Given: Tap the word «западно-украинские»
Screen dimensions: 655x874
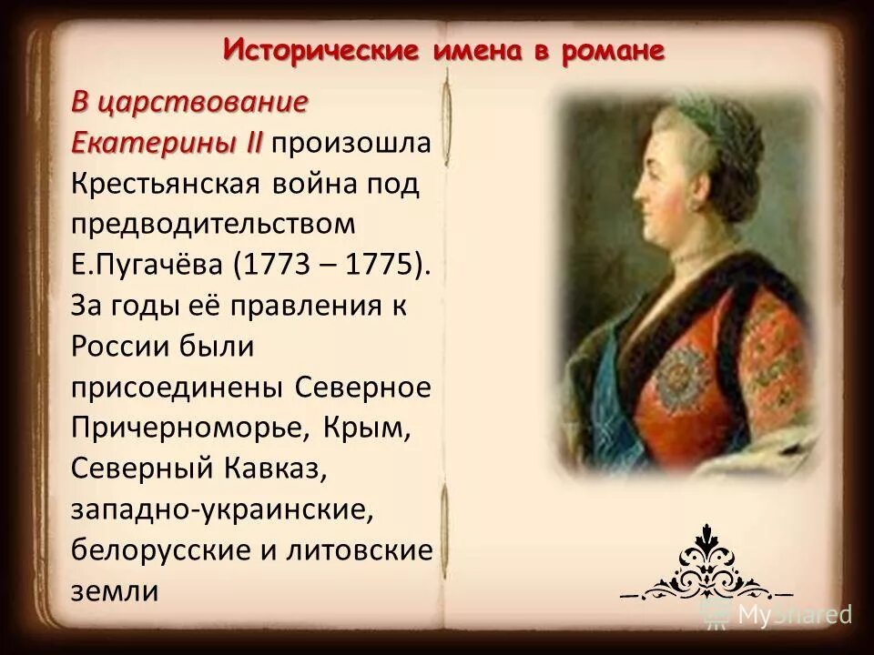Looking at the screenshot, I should (222, 509).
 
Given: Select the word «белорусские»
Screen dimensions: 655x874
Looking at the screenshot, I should (158, 549).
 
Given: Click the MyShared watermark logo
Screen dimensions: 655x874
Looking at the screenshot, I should (778, 614).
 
